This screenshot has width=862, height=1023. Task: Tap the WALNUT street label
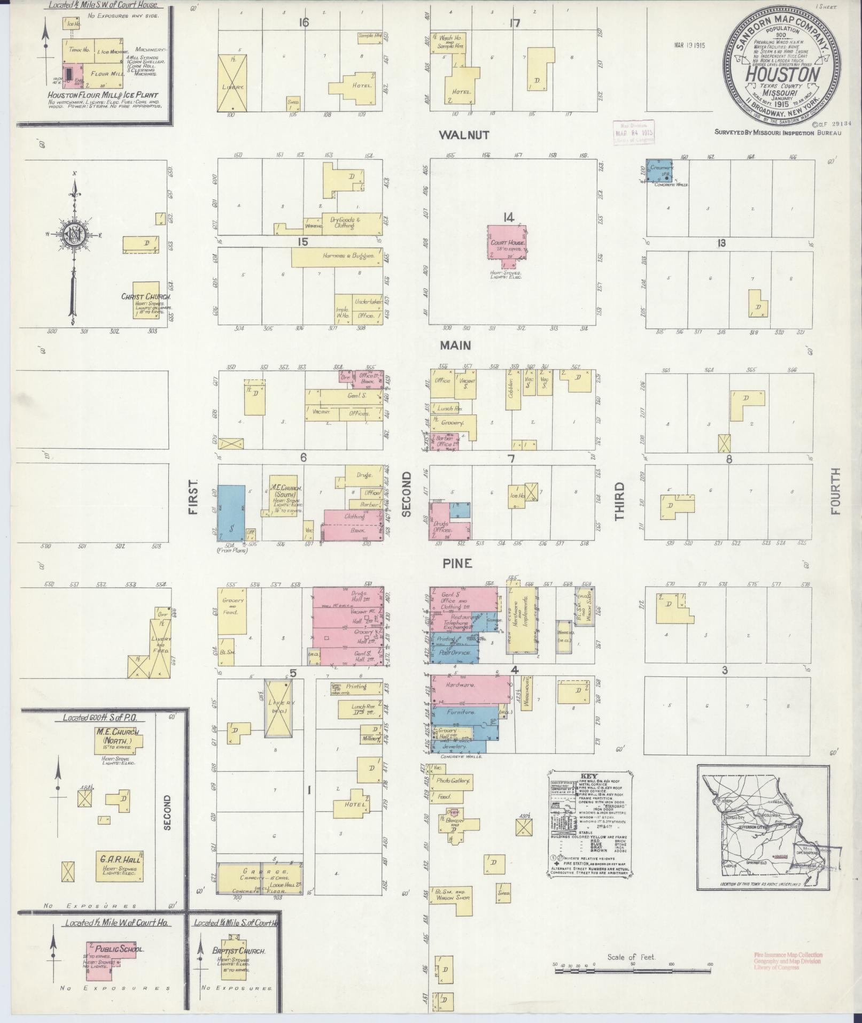point(463,135)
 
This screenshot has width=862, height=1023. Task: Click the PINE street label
point(457,564)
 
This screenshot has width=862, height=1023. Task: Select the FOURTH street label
point(835,491)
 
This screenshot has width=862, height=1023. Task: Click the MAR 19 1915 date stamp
point(689,45)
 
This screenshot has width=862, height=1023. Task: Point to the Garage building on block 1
point(259,879)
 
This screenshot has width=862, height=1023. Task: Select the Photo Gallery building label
point(453,781)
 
